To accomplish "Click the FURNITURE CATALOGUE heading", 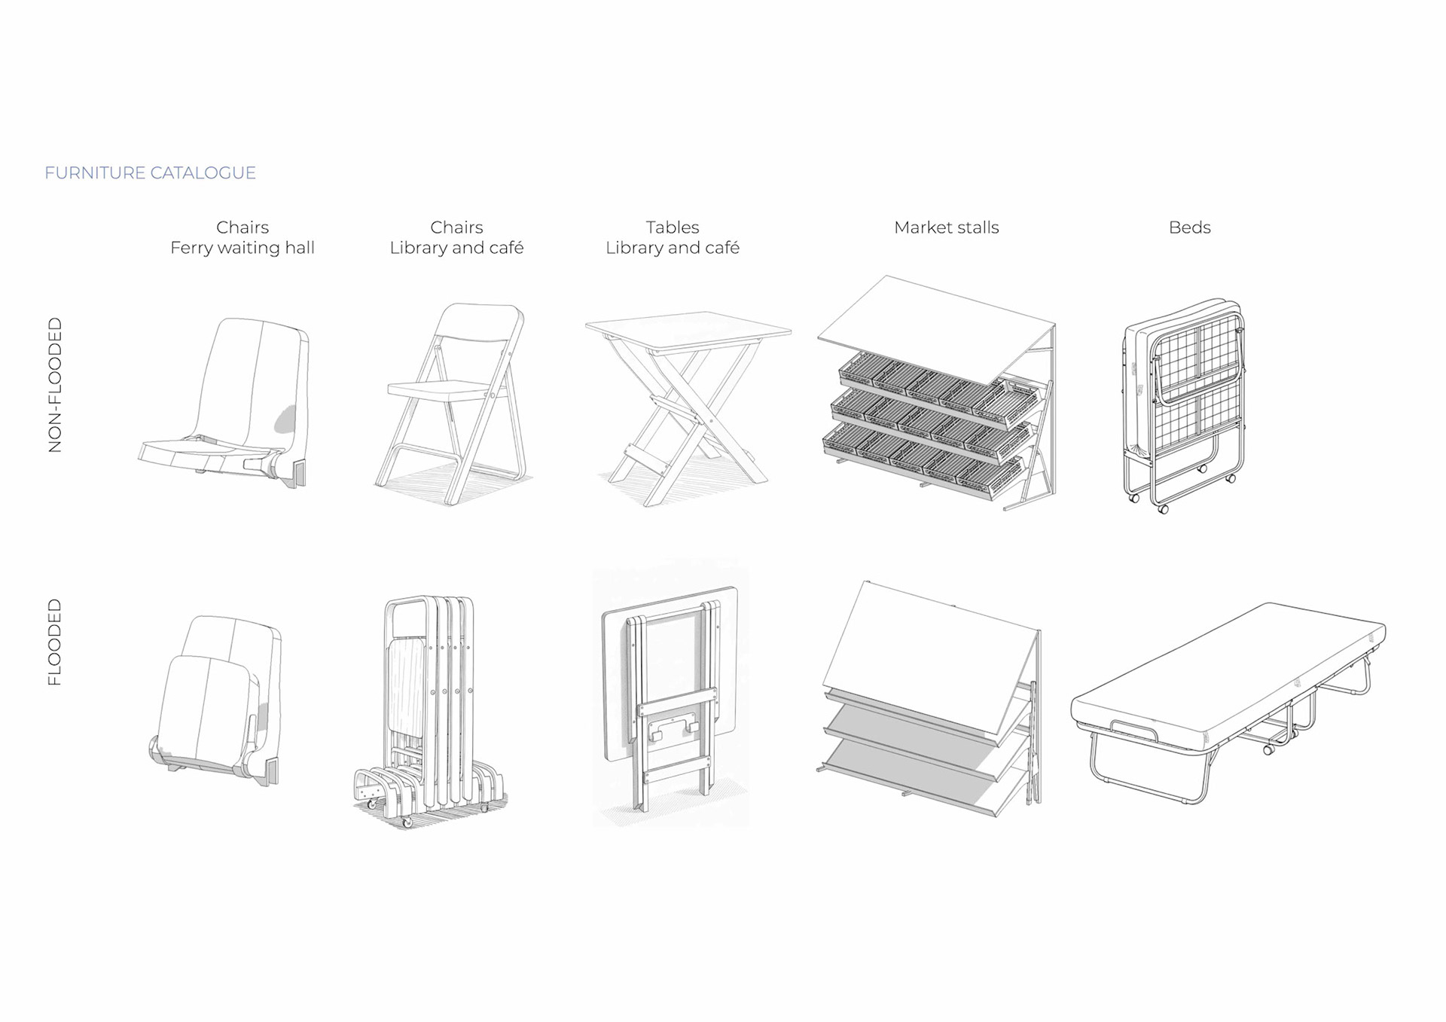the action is pyautogui.click(x=150, y=173).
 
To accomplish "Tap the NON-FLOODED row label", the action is pyautogui.click(x=55, y=385).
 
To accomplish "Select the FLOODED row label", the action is pyautogui.click(x=55, y=642).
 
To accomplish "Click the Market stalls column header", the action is pyautogui.click(x=946, y=227).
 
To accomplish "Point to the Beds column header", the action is pyautogui.click(x=1189, y=227).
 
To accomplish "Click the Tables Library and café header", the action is pyautogui.click(x=672, y=237).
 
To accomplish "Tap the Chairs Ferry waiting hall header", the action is pyautogui.click(x=242, y=237).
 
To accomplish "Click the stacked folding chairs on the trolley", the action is pyautogui.click(x=429, y=708).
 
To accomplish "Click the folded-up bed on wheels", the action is pyautogui.click(x=1182, y=399).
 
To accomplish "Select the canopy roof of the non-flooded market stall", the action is pyautogui.click(x=934, y=324).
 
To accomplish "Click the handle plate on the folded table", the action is pyautogui.click(x=673, y=726).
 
